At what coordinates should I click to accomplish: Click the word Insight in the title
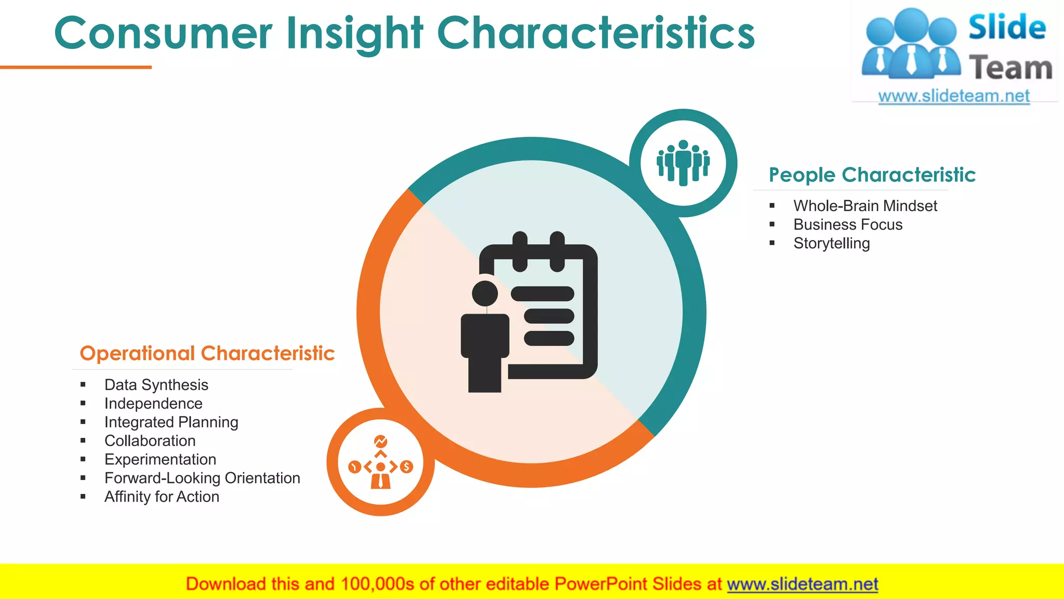point(354,33)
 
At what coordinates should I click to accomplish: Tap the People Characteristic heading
point(872,175)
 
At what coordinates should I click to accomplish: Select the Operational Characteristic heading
point(207,354)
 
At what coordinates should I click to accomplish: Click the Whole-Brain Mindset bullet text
point(865,206)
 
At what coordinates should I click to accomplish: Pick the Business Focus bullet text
point(848,225)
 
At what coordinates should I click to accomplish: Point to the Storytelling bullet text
point(831,243)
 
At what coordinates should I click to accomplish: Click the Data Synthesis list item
point(156,385)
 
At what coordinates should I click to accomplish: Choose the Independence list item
point(153,403)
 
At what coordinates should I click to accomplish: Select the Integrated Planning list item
point(171,422)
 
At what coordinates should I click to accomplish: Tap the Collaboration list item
point(150,441)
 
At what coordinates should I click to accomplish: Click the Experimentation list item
point(160,460)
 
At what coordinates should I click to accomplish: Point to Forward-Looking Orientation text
point(202,478)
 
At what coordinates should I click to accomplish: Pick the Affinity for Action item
point(162,497)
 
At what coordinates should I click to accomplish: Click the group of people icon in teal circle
point(683,162)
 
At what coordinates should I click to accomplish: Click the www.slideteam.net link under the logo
point(954,96)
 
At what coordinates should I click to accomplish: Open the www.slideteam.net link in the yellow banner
point(802,584)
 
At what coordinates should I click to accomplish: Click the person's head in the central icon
point(485,293)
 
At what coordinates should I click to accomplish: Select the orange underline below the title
point(76,67)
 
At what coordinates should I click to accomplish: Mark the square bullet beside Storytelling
point(772,243)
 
